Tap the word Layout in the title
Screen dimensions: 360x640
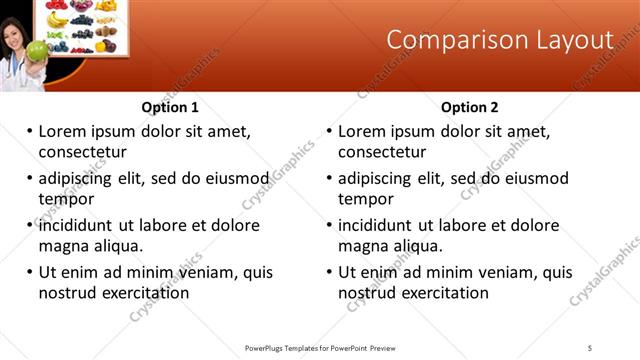tap(573, 40)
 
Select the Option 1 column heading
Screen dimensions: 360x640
tap(170, 107)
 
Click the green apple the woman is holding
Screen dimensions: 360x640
tap(37, 50)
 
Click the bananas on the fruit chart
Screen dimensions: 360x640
tap(57, 20)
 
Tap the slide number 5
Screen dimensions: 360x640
tap(590, 347)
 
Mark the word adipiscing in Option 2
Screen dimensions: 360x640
tap(375, 178)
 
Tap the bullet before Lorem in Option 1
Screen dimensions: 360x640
tap(30, 131)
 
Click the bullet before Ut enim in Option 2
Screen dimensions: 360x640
tap(330, 272)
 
